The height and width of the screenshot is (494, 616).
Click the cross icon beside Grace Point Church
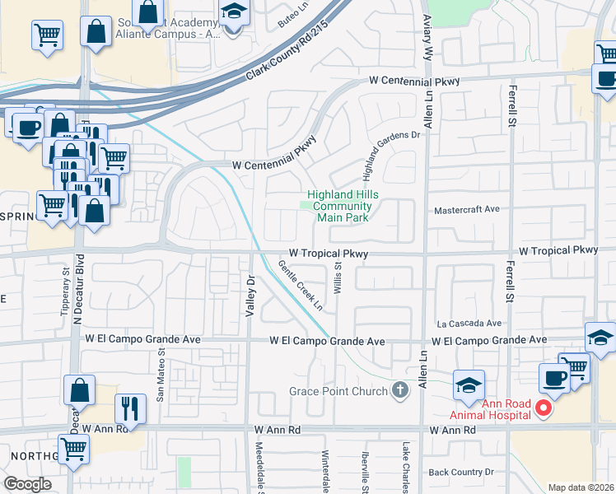(400, 390)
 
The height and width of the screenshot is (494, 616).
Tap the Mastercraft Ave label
(467, 209)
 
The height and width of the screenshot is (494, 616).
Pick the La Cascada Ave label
(469, 324)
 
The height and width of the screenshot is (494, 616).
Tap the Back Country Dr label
(460, 472)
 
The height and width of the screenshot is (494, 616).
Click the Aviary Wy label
(427, 35)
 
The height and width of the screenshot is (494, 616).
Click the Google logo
(26, 485)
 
